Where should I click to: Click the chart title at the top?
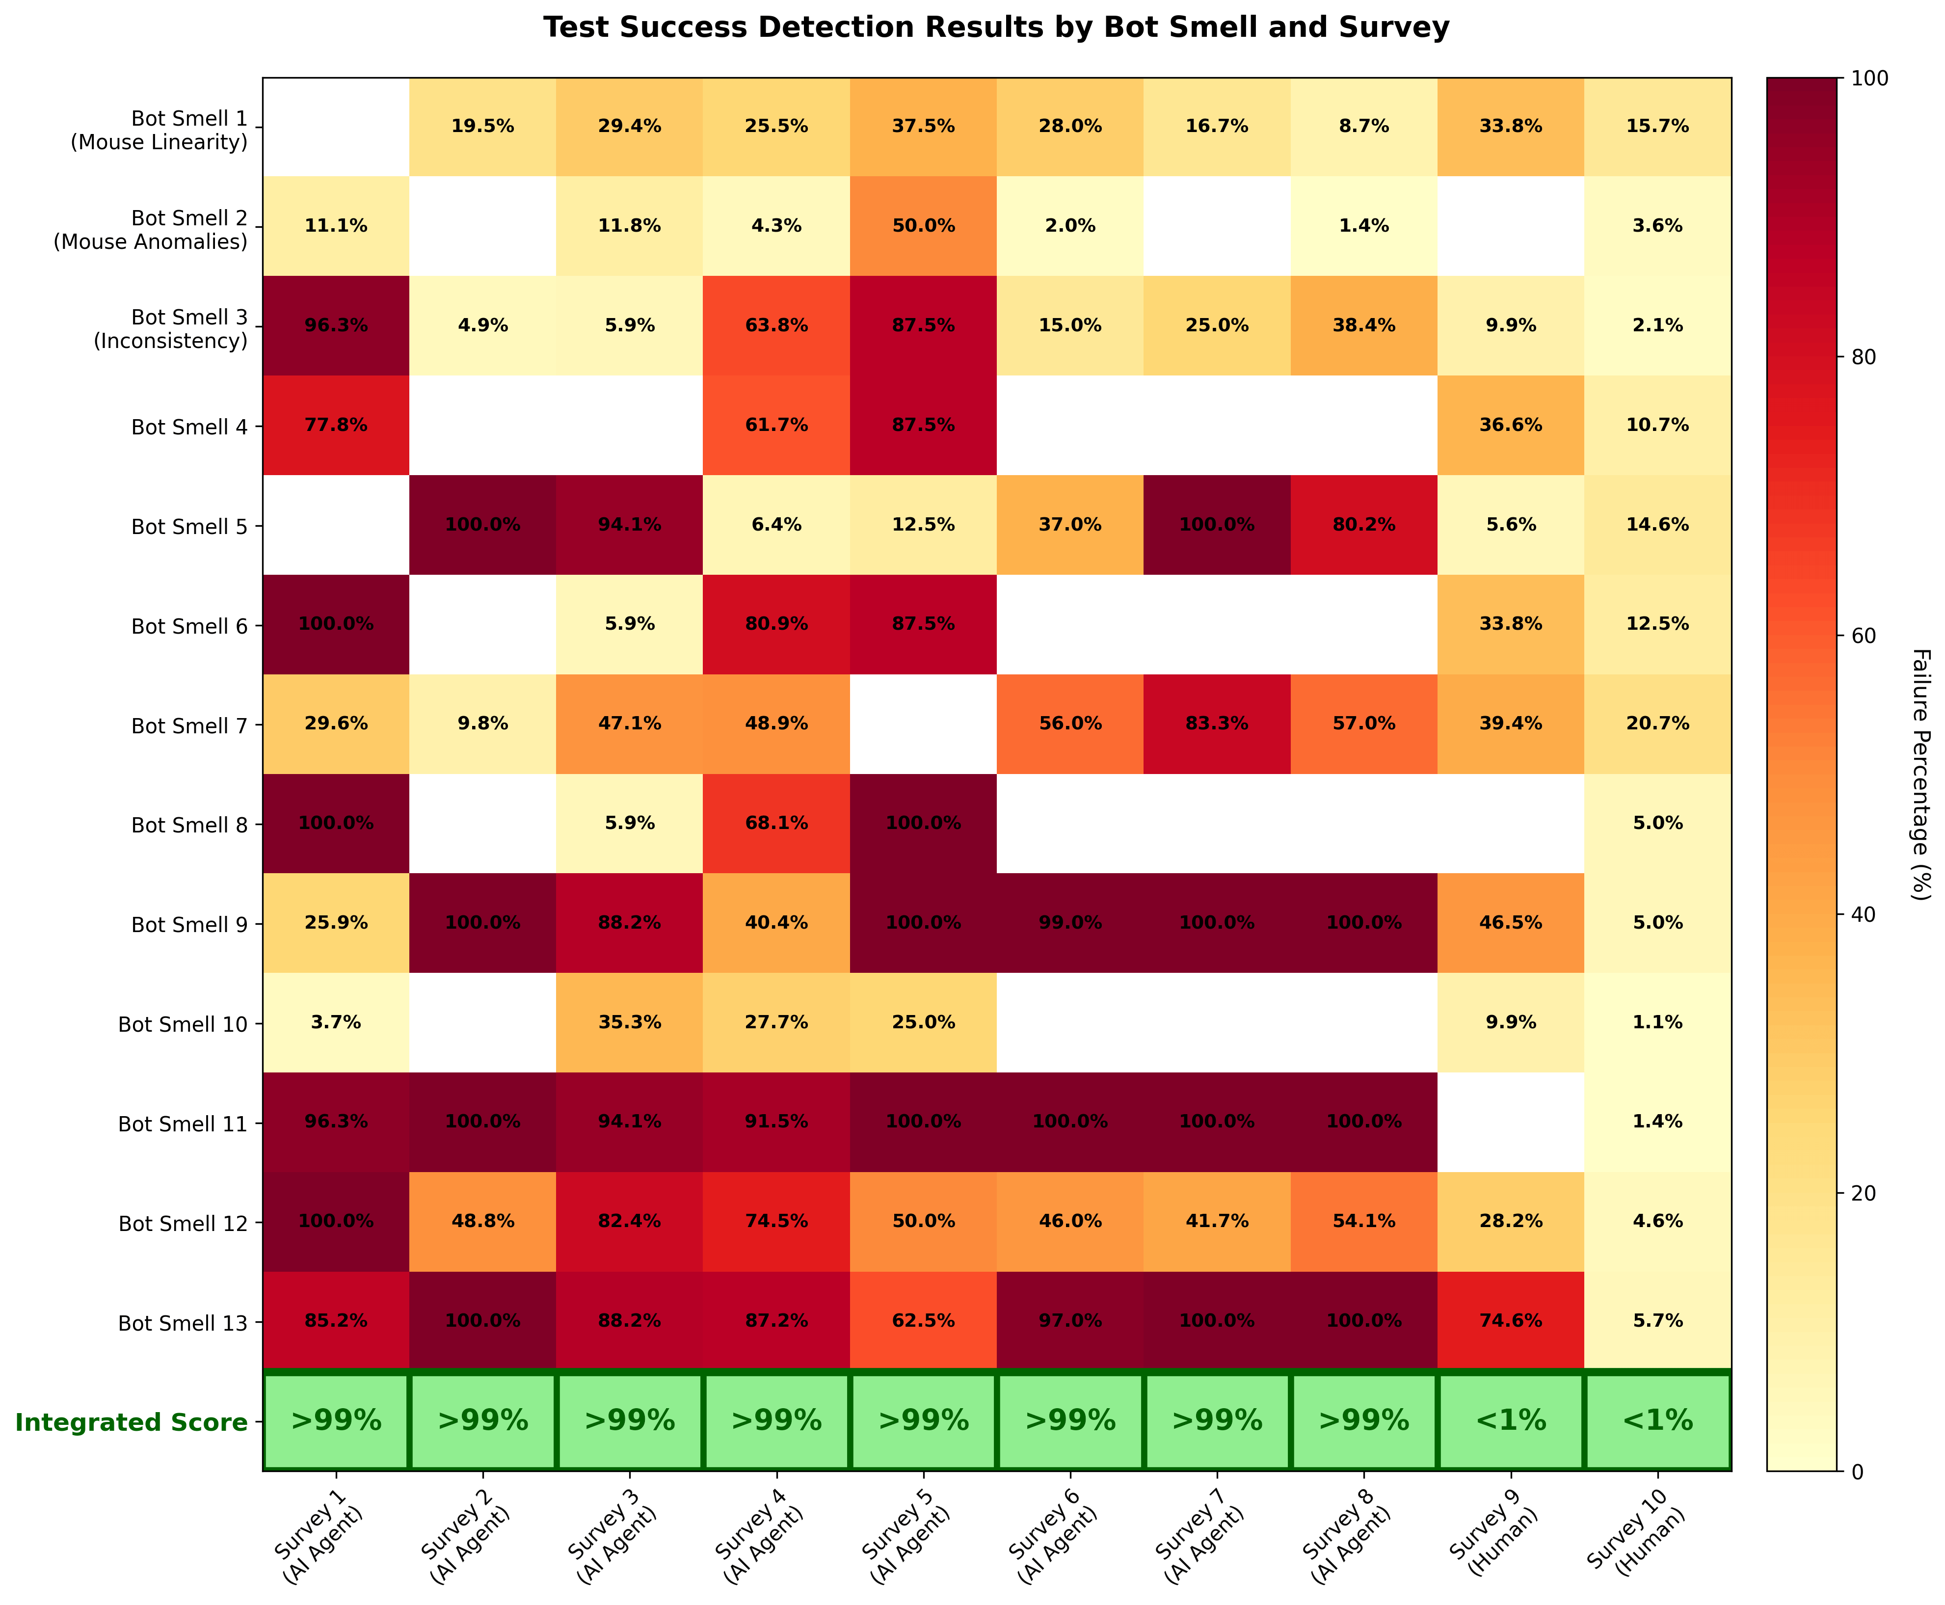tap(996, 28)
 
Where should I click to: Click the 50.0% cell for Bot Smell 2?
tap(923, 226)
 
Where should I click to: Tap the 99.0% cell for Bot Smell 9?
tap(1069, 923)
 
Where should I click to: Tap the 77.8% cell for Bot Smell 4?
tap(336, 425)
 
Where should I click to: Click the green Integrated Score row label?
tap(131, 1422)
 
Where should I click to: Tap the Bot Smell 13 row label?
tap(183, 1323)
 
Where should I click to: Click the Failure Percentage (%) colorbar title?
tap(1919, 774)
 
